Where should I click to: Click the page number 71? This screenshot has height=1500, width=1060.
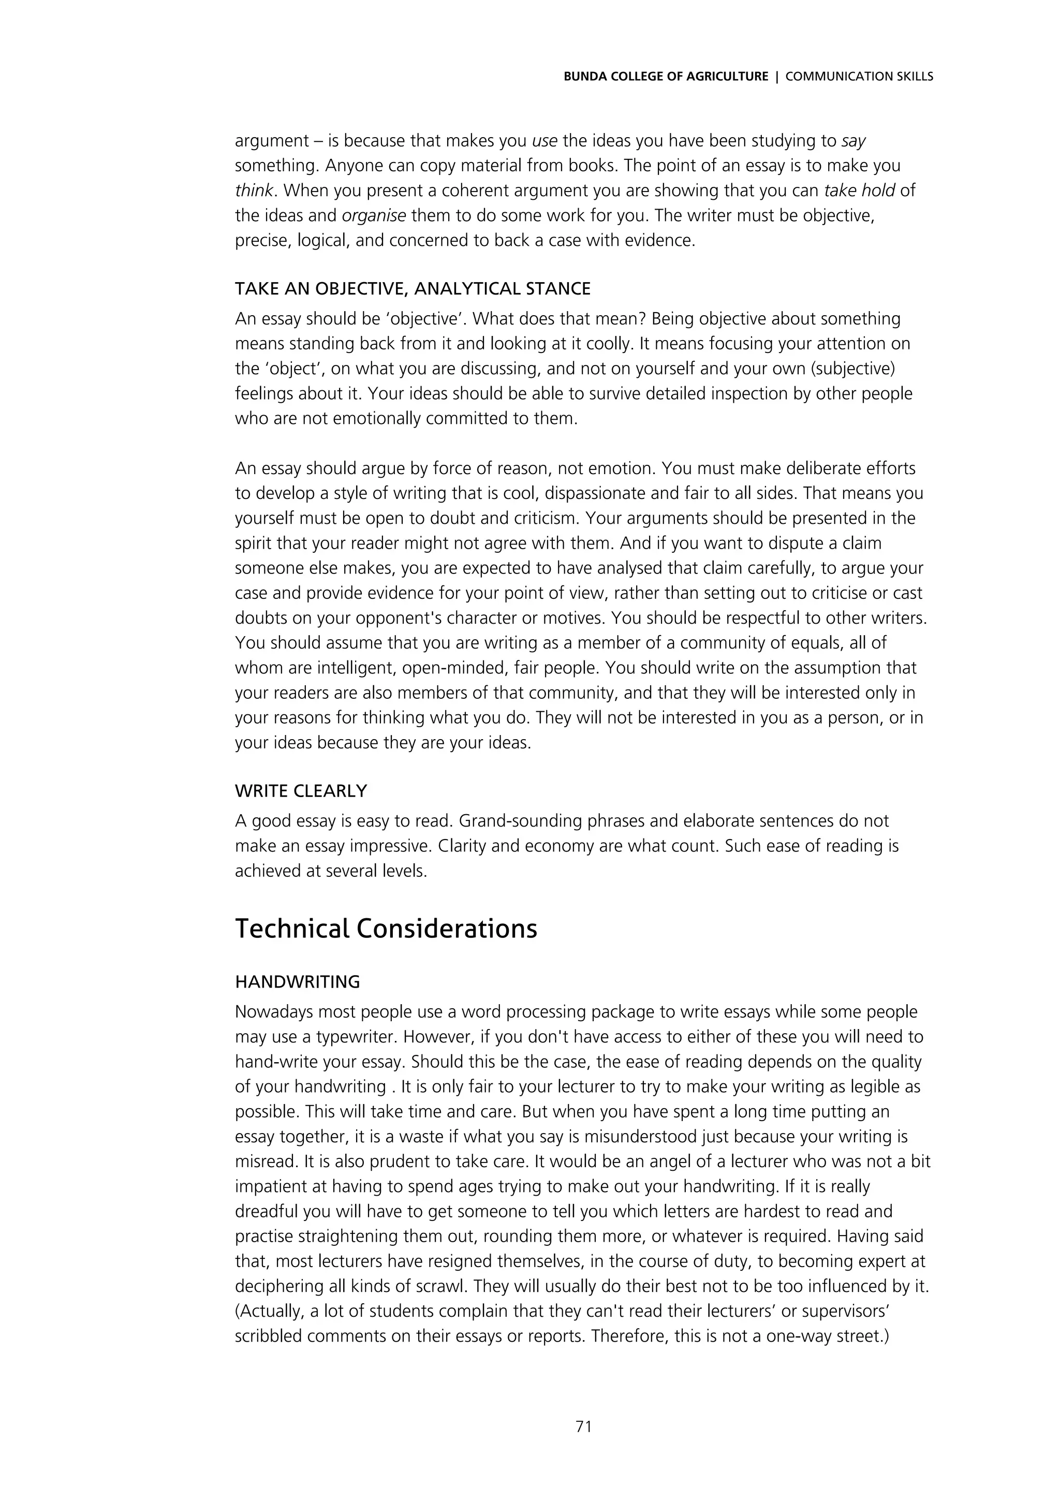[x=583, y=1426]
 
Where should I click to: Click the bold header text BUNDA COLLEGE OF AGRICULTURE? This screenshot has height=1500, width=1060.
[x=666, y=77]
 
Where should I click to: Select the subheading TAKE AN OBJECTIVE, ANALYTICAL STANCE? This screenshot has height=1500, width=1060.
[x=412, y=288]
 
